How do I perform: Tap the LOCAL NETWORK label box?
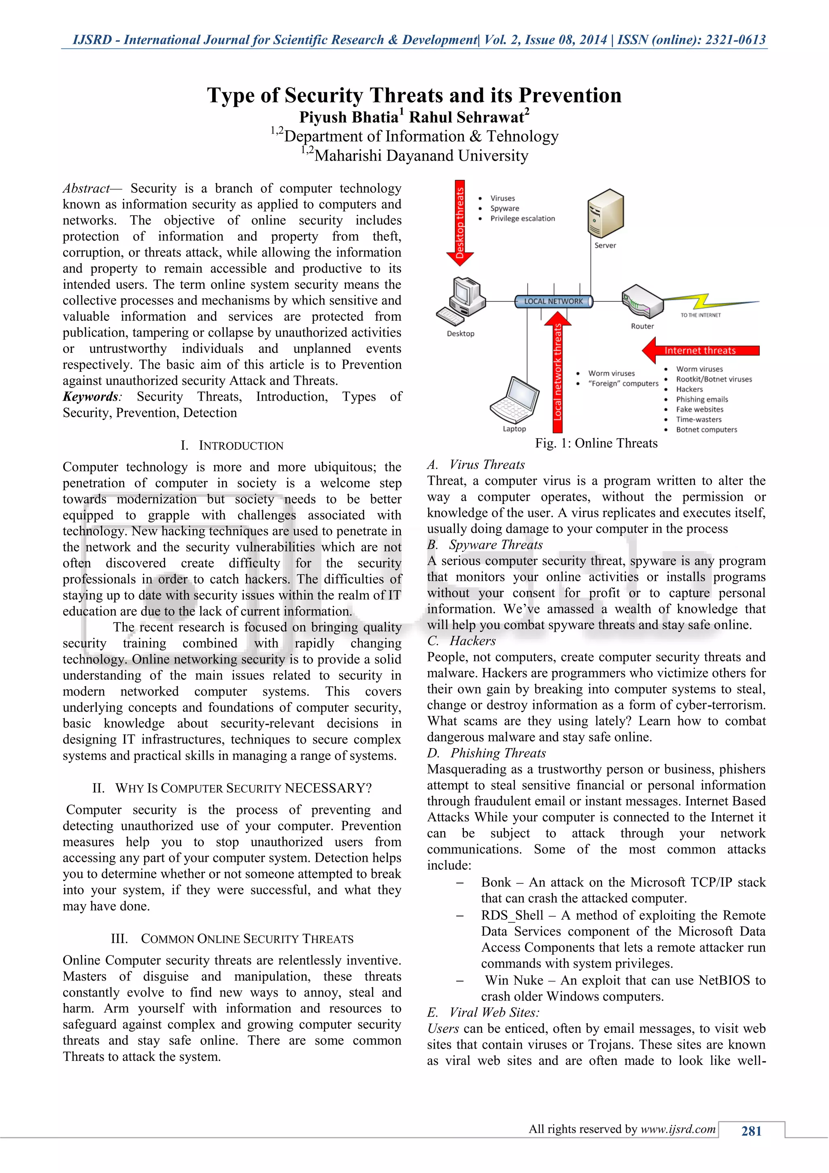[x=553, y=301]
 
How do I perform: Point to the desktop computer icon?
[x=461, y=301]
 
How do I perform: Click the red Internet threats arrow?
[x=700, y=350]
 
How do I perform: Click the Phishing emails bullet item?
[x=702, y=399]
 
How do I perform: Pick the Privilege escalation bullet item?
[x=522, y=219]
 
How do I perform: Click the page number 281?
[x=751, y=1130]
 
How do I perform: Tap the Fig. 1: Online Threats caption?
[x=596, y=443]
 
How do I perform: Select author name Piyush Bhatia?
[x=349, y=117]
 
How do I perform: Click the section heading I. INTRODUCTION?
[x=232, y=446]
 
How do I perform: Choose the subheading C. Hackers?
[x=461, y=641]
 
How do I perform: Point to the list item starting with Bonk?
[x=623, y=890]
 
